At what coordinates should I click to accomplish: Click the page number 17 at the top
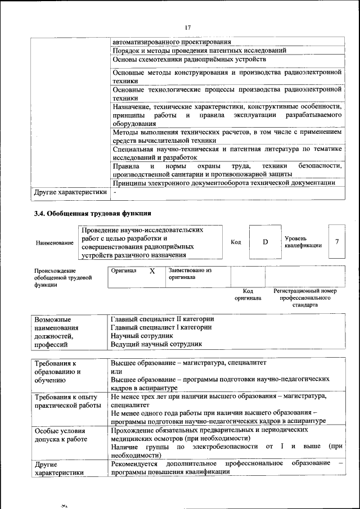click(x=188, y=26)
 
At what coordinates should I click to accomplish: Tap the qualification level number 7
click(x=337, y=242)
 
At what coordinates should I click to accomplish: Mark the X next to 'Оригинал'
click(x=152, y=271)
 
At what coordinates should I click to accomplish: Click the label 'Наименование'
click(x=55, y=242)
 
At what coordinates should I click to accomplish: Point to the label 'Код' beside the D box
click(x=236, y=242)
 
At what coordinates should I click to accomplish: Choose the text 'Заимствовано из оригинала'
click(x=190, y=274)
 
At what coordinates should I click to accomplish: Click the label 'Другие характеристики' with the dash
click(x=70, y=192)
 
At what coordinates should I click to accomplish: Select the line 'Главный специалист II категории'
click(x=162, y=319)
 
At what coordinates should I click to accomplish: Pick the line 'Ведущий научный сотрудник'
click(x=156, y=344)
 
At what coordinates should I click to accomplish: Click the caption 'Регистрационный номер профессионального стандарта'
click(x=305, y=298)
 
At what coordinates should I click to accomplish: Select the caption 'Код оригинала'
click(x=247, y=294)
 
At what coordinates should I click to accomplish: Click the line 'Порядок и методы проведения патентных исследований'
click(x=199, y=50)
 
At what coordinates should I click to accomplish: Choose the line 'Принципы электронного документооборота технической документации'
click(x=224, y=183)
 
